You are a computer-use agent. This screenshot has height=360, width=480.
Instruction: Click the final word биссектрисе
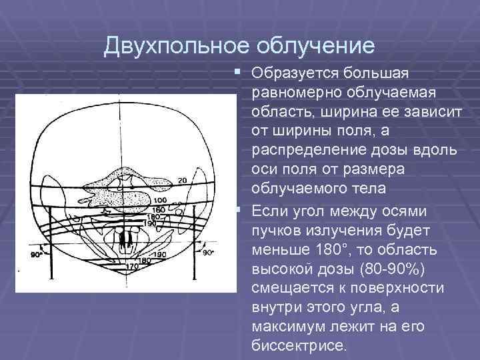pos(300,345)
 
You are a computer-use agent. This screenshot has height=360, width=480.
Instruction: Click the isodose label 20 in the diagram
pos(182,181)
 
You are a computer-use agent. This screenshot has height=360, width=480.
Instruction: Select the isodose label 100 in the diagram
pos(161,201)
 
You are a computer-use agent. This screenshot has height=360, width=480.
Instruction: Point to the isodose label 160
pos(159,209)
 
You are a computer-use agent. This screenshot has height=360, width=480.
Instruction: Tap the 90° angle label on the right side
pos(208,253)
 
